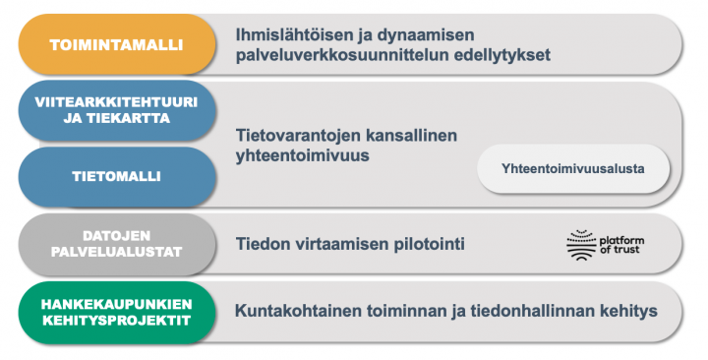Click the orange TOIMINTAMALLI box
(x=116, y=44)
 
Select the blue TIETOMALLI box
(x=116, y=177)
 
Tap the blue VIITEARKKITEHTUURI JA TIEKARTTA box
(x=116, y=110)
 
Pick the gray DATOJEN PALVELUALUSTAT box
(x=116, y=244)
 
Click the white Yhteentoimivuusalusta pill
(x=573, y=168)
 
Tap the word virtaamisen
(x=337, y=243)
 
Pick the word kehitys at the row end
(x=624, y=311)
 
